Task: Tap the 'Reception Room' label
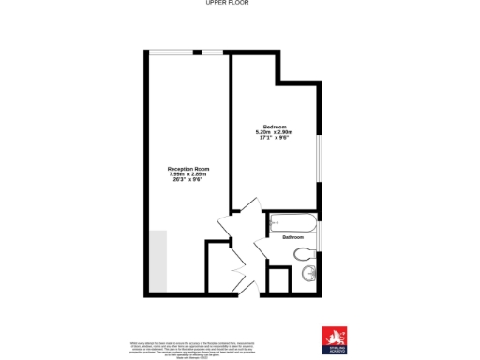tap(187, 169)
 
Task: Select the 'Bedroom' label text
tap(275, 127)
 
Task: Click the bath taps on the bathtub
tap(275, 223)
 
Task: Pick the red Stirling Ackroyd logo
tap(333, 337)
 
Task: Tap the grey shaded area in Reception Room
tap(157, 260)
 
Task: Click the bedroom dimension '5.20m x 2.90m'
tap(275, 132)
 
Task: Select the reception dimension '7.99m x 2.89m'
tap(187, 174)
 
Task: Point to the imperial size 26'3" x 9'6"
tap(187, 180)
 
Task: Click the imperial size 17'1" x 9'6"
tap(275, 138)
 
